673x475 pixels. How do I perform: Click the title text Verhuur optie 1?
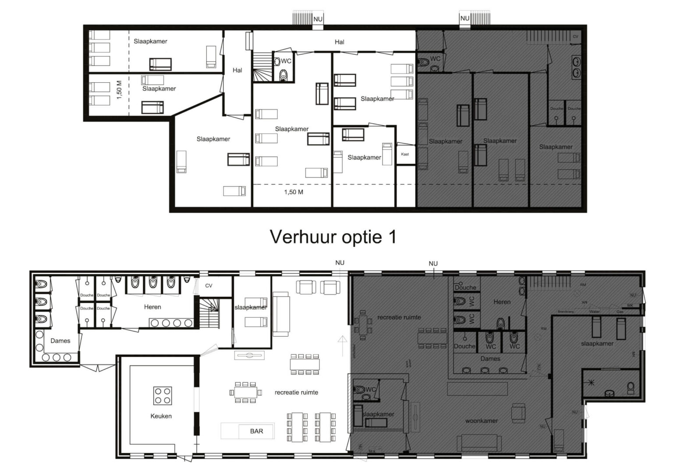(x=333, y=237)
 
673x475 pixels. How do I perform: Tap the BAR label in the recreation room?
(x=256, y=431)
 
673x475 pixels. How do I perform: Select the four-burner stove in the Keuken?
(x=162, y=396)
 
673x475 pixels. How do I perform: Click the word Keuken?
(x=161, y=416)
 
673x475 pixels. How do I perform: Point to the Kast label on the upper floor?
(x=405, y=154)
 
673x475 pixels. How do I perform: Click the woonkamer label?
(x=481, y=421)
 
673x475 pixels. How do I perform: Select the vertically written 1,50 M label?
(x=119, y=90)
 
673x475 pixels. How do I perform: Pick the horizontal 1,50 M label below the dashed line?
(x=294, y=192)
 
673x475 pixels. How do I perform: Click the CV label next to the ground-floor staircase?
(x=209, y=285)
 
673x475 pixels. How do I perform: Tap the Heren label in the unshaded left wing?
(x=152, y=307)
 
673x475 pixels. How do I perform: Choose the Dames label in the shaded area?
(x=490, y=359)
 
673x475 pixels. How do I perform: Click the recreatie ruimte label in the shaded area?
(x=399, y=317)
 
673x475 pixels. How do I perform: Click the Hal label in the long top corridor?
(x=339, y=42)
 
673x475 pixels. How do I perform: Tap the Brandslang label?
(x=565, y=312)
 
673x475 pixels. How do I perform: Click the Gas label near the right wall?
(x=620, y=312)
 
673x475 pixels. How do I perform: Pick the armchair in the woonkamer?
(x=520, y=412)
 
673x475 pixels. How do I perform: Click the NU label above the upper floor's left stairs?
(x=318, y=19)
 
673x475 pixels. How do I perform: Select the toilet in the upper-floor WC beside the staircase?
(x=284, y=75)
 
